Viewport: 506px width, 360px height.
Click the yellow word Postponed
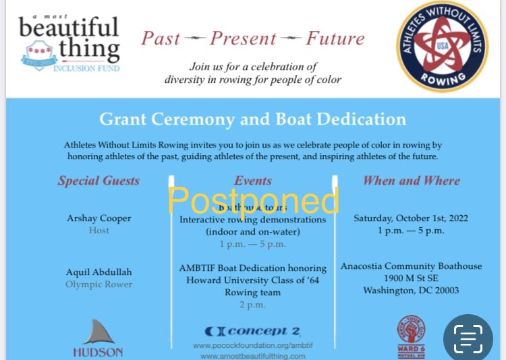tap(253, 200)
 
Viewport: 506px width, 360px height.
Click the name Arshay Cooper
tap(99, 218)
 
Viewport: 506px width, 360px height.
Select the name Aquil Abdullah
tap(99, 272)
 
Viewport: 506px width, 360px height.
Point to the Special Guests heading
tap(99, 181)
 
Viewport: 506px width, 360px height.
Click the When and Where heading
tap(411, 181)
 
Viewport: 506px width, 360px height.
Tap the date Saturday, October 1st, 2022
tap(411, 218)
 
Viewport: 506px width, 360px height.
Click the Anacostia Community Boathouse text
tap(411, 266)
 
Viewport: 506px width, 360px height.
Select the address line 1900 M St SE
tap(411, 278)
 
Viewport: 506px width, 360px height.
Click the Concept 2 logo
tap(252, 331)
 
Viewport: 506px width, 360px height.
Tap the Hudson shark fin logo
tap(98, 333)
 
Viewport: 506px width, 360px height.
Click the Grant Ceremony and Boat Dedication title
tap(252, 120)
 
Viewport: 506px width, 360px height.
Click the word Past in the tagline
tap(162, 38)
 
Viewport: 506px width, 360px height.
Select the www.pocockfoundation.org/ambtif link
tap(252, 345)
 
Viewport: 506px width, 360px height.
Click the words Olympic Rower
tap(99, 284)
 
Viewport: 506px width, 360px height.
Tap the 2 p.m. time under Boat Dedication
tap(252, 305)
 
